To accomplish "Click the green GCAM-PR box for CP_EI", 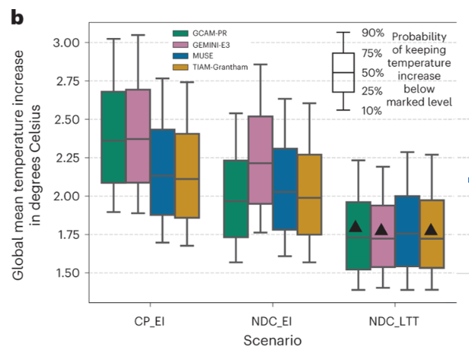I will coord(113,138).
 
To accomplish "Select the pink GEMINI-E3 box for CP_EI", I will coord(138,136).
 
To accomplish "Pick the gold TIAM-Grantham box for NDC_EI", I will coord(310,194).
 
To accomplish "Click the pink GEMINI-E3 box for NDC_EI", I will coord(261,160).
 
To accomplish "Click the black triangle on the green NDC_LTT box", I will coord(358,226).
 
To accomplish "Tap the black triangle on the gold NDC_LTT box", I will coord(432,229).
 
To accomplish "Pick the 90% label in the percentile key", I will coord(372,33).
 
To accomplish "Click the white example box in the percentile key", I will coord(343,72).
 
